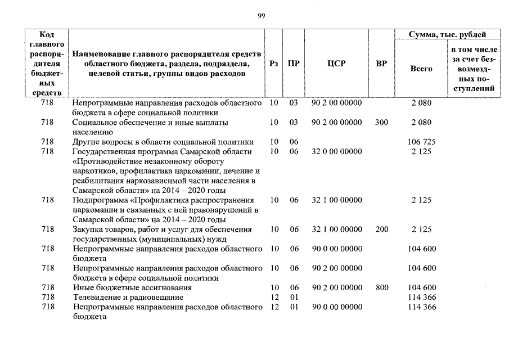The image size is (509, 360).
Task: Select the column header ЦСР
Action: click(336, 64)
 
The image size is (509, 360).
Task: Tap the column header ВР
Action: click(381, 64)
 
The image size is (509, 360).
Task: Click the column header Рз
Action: click(274, 64)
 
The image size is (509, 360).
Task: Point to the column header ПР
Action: click(294, 64)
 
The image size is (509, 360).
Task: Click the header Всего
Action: click(421, 69)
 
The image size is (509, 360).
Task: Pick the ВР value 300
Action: click(381, 122)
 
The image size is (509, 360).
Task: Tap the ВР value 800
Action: click(382, 287)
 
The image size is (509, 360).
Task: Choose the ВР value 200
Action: click(381, 229)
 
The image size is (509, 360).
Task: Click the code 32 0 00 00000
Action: click(336, 151)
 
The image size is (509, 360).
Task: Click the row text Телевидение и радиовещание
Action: click(128, 297)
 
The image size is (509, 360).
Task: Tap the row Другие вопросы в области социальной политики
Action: click(163, 142)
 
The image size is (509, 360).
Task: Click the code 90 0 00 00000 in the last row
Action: click(336, 307)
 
